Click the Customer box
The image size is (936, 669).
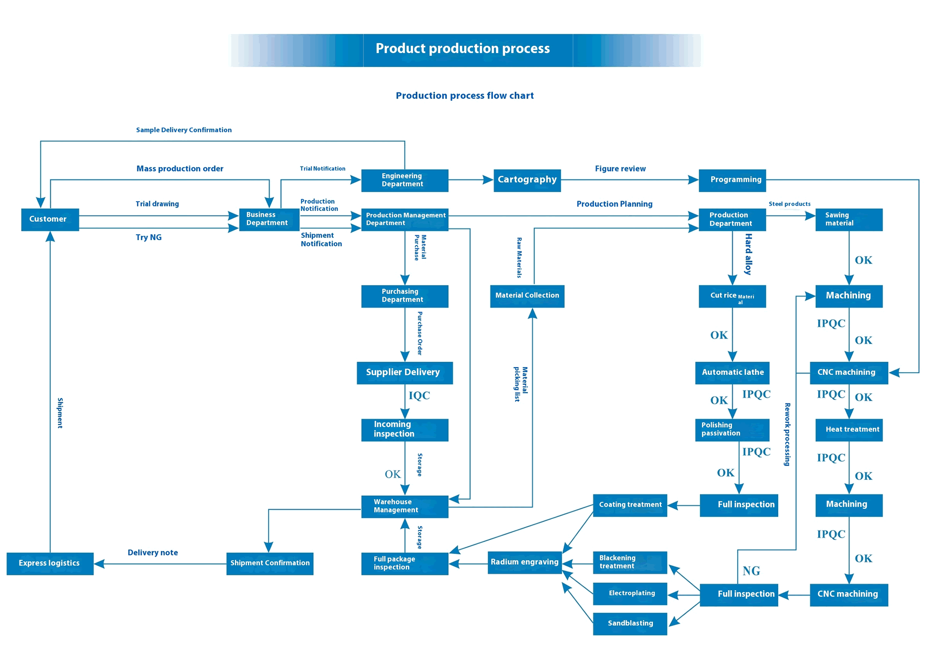[50, 219]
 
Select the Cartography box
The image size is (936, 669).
[527, 180]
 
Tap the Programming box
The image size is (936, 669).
[732, 180]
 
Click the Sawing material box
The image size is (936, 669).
[848, 219]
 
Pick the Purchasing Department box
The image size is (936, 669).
[404, 296]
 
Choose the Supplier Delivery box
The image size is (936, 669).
[404, 373]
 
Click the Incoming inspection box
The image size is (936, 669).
[404, 429]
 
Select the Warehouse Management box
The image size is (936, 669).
[404, 506]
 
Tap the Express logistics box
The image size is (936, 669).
[50, 563]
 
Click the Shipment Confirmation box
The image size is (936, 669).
[270, 563]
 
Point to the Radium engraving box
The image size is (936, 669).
[524, 562]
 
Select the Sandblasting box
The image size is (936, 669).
[630, 624]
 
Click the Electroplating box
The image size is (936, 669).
[630, 593]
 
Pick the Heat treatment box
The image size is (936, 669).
[848, 429]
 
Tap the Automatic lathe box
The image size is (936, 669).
[732, 373]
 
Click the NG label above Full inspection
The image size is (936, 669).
[751, 571]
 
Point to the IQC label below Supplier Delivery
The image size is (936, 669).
[419, 396]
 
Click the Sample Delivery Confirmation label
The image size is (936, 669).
[184, 130]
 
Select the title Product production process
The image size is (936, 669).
[463, 49]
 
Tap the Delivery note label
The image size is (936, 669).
[152, 553]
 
